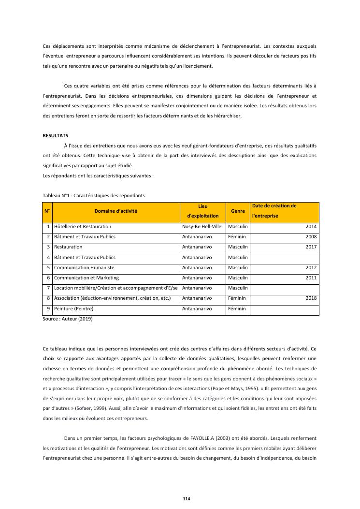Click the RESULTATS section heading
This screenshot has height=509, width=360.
coord(56,136)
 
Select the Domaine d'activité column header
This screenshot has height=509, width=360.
coord(115,211)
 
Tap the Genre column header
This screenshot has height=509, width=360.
coord(238,211)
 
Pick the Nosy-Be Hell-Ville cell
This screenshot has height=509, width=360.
coord(202,226)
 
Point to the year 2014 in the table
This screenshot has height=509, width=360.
coord(311,226)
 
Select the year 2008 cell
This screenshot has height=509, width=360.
coord(311,237)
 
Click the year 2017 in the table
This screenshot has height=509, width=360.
coord(311,247)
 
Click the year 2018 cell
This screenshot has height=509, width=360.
coord(311,298)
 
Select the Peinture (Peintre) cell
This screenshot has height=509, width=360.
coord(73,308)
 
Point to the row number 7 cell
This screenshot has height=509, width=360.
coord(48,288)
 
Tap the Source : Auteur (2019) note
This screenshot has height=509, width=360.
coord(68,319)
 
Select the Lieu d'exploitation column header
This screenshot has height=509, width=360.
coord(202,211)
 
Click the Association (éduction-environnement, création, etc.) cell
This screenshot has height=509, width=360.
coord(112,298)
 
